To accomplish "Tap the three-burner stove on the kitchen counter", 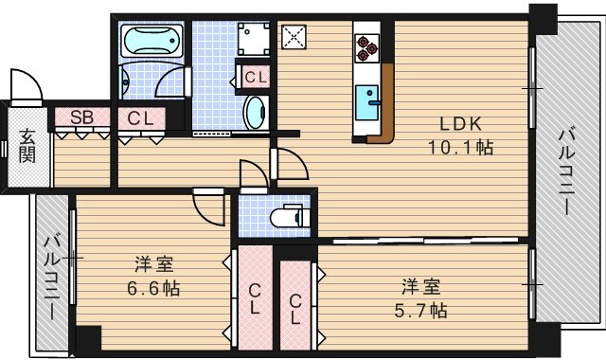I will point(367,46).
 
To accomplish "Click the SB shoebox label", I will point(81,117).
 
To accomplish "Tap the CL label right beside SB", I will point(141,117).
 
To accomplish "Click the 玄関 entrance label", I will point(27,147).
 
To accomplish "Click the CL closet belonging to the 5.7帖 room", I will point(296,309).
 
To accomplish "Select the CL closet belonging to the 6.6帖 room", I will point(254,298).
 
